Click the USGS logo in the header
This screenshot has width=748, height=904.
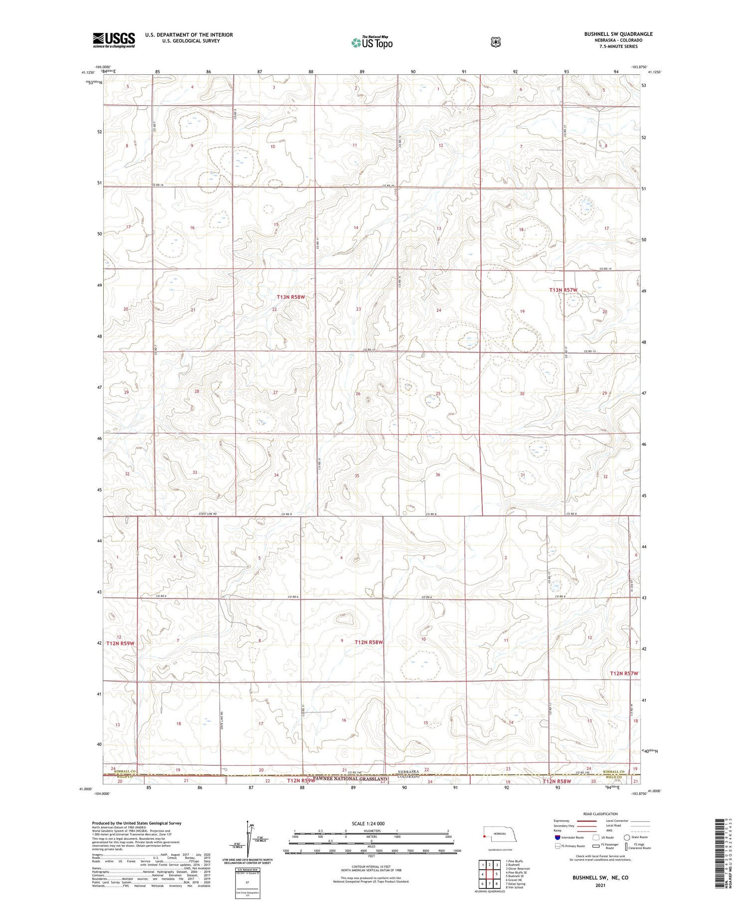(114, 40)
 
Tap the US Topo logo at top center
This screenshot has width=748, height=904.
(372, 43)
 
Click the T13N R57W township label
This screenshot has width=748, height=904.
(563, 290)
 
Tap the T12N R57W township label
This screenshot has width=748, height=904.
(624, 674)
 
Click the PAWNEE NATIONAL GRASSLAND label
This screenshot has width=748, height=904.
(352, 778)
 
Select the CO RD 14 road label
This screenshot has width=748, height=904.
(605, 269)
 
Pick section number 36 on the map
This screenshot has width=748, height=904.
(438, 474)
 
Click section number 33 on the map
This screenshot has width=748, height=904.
(195, 472)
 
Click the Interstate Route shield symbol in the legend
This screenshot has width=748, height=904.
(558, 837)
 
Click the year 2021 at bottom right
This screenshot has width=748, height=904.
(600, 886)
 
